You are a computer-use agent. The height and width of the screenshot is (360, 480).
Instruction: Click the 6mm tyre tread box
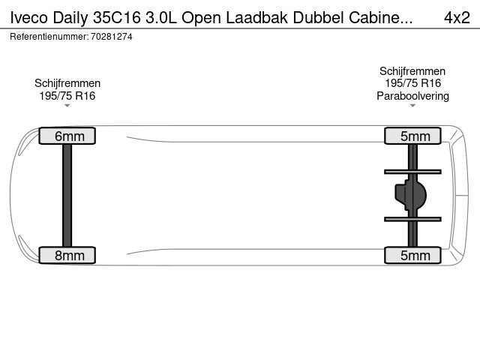(67, 136)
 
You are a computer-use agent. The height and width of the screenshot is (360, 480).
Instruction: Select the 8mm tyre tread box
(67, 255)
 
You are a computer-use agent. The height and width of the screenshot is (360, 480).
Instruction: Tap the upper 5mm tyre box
(412, 136)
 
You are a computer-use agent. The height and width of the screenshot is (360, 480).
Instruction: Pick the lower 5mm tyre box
(412, 255)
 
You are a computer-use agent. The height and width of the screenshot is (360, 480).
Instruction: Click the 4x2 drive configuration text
(457, 18)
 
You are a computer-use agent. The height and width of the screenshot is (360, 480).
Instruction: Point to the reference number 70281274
(112, 37)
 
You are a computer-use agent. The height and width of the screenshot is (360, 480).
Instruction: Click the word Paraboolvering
(412, 96)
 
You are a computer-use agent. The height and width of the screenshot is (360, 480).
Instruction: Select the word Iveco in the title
(29, 18)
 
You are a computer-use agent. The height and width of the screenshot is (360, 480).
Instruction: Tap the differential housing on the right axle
(410, 195)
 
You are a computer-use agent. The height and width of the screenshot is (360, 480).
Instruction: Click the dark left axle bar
(67, 195)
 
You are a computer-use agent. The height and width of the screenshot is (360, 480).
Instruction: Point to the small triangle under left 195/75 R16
(67, 106)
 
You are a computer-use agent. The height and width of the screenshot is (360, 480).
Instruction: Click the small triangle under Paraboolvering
(412, 106)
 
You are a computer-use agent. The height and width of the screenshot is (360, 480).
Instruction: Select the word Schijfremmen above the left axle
(67, 83)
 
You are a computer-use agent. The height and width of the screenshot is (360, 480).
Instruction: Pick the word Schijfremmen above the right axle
(412, 71)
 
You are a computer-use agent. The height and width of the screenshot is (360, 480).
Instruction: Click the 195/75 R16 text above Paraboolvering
(412, 83)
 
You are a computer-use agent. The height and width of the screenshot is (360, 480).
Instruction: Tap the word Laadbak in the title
(256, 18)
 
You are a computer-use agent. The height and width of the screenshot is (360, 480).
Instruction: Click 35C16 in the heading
(117, 18)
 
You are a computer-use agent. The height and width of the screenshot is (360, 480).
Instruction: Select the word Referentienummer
(49, 37)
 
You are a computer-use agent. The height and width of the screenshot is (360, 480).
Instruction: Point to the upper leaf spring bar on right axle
(412, 172)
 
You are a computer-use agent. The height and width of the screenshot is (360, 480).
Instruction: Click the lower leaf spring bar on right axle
(412, 219)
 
